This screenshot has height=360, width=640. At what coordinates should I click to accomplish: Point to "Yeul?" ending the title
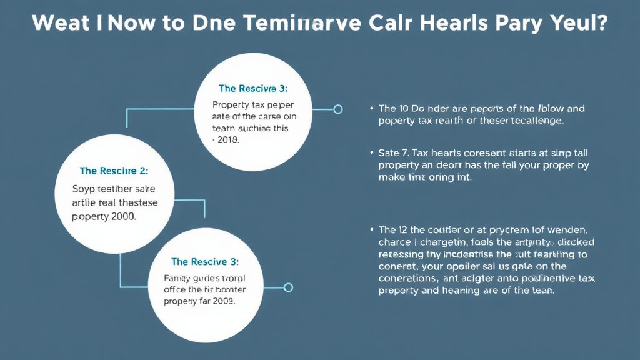582,23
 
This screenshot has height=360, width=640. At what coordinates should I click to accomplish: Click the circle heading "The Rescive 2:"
114,171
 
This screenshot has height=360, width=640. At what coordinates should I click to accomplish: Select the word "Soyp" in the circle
85,188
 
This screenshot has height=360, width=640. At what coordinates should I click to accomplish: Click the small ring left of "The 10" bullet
338,109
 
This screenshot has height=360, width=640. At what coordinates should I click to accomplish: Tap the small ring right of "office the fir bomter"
288,287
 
